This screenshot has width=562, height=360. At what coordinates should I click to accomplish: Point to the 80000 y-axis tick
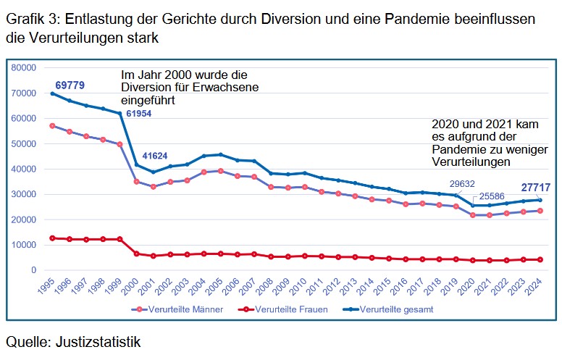tap(24, 67)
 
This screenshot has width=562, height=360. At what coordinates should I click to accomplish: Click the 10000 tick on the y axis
tap(24, 245)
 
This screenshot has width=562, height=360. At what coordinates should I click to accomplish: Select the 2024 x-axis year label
tap(537, 285)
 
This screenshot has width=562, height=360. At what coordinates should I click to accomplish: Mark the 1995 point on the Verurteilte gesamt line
tap(52, 93)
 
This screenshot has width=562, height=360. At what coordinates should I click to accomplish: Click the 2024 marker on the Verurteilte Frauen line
tap(540, 259)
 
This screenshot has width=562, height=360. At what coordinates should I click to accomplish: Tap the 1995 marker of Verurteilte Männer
tap(52, 125)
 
